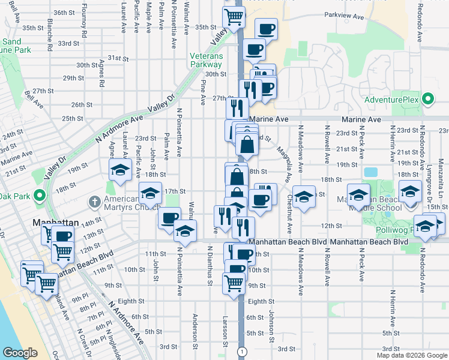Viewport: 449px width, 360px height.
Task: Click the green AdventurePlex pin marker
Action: point(428,98)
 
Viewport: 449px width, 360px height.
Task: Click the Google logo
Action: point(20,353)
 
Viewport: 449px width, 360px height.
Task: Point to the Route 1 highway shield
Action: point(242,350)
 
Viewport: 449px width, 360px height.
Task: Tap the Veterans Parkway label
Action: point(206,60)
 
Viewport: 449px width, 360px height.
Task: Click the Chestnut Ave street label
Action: point(289,215)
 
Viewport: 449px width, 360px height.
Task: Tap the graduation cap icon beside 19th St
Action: point(120,170)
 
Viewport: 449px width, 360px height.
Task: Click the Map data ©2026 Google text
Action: point(412,355)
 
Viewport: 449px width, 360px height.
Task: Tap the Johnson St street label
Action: point(271,325)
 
